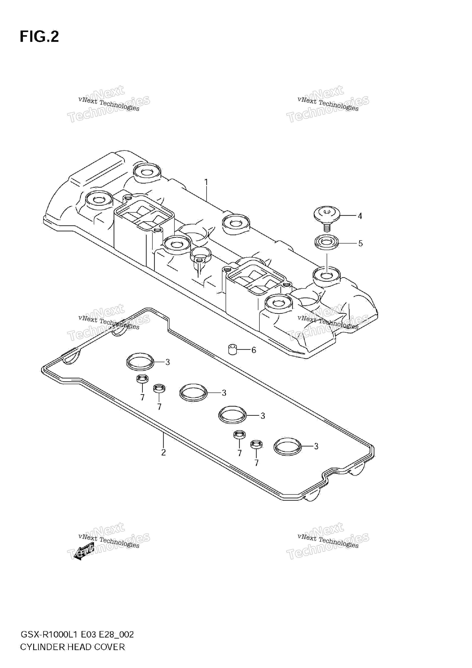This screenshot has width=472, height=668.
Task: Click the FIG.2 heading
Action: pyautogui.click(x=39, y=37)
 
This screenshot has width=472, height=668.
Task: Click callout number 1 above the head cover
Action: pyautogui.click(x=206, y=182)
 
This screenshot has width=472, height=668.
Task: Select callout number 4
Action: pyautogui.click(x=360, y=216)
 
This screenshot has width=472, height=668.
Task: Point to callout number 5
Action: pyautogui.click(x=360, y=244)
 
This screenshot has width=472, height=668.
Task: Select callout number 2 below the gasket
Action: pyautogui.click(x=163, y=452)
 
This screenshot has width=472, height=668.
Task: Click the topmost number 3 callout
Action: pyautogui.click(x=167, y=362)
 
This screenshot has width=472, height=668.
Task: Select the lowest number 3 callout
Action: pyautogui.click(x=316, y=446)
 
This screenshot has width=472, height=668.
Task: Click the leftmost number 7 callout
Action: pyautogui.click(x=142, y=397)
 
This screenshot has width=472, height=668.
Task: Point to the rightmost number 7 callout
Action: pyautogui.click(x=256, y=463)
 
